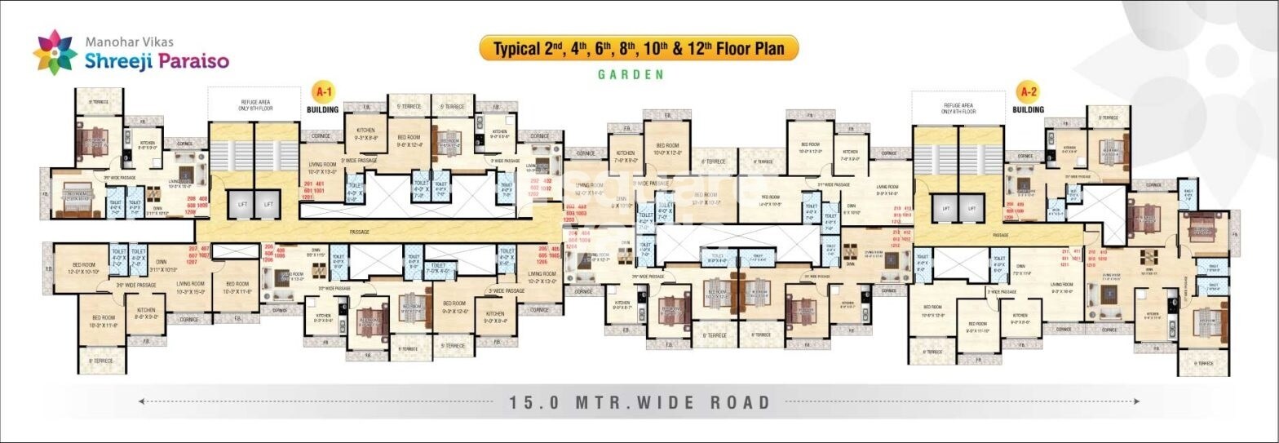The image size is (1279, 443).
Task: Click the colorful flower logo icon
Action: (55, 52)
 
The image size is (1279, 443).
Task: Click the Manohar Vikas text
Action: (130, 40)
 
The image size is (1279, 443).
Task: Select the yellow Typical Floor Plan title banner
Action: (638, 48)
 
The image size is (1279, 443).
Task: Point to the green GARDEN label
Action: (631, 74)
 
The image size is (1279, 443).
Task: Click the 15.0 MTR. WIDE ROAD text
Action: (640, 402)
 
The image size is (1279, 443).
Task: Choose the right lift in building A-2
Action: (971, 209)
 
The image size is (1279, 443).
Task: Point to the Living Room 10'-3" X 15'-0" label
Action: (190, 287)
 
